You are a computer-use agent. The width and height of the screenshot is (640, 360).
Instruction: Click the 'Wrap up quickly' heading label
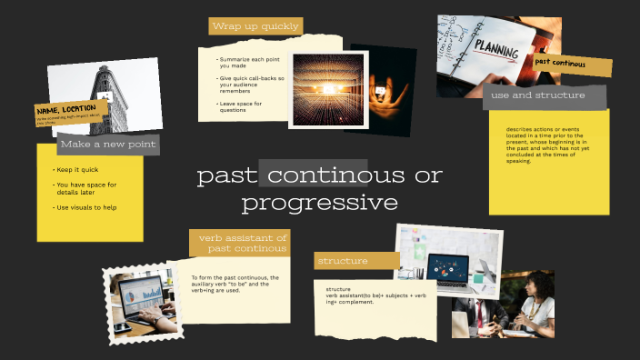tap(255, 26)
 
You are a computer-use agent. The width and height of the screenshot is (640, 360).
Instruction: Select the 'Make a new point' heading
tap(108, 144)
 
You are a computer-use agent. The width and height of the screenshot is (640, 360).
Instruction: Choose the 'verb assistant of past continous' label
tap(240, 243)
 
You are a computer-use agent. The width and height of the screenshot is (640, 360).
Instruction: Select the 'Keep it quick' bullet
tap(79, 170)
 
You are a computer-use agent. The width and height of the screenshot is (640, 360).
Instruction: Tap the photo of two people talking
tap(503, 305)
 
